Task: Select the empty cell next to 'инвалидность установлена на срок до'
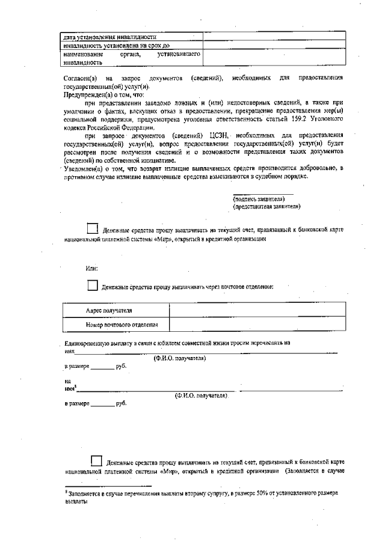coord(274,45)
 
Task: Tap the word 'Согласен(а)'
coord(79,79)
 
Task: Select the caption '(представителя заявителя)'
coord(266,206)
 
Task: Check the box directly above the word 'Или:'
coord(92,228)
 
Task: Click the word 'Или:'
coord(91,268)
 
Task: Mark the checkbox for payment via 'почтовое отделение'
coord(92,286)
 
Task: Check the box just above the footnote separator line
coord(96,461)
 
